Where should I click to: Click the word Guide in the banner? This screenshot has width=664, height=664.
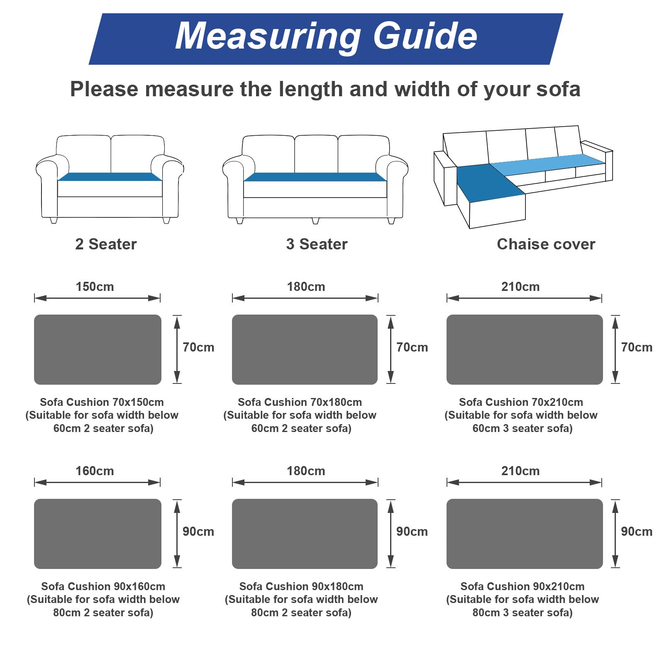(425, 36)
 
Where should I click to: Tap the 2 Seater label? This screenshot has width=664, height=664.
(106, 244)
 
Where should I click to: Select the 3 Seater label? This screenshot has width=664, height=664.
(317, 244)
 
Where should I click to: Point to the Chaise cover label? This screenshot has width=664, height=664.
(546, 244)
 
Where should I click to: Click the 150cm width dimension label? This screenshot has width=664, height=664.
(95, 286)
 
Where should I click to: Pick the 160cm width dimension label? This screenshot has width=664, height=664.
(95, 471)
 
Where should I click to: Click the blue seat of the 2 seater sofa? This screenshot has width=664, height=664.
(110, 177)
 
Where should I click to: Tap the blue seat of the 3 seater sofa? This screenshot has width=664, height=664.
(315, 177)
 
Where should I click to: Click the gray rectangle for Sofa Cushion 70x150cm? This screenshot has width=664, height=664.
(98, 349)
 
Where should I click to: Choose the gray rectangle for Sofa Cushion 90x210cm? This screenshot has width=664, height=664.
(525, 534)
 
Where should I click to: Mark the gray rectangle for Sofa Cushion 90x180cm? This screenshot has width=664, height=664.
(305, 534)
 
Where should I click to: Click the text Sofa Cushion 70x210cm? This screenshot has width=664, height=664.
(521, 402)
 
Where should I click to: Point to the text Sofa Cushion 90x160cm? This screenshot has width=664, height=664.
(103, 586)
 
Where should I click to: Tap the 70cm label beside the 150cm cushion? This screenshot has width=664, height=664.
(198, 347)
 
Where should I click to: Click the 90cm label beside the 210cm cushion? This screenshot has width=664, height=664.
(637, 531)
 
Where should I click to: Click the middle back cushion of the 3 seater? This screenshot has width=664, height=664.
(316, 154)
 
